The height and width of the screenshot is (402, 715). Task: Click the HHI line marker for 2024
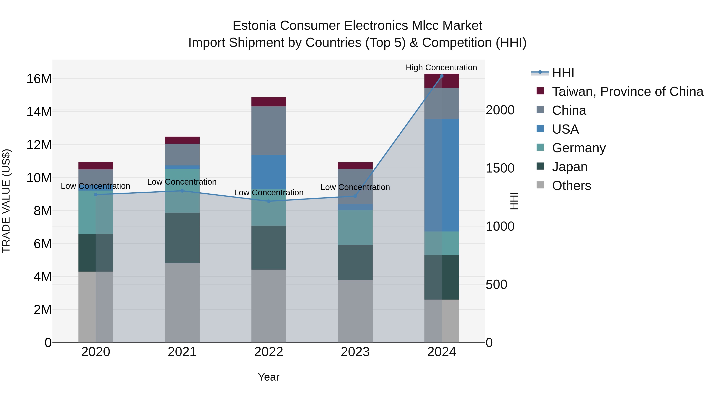coord(442,76)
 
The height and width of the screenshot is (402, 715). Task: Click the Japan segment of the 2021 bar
coord(182,238)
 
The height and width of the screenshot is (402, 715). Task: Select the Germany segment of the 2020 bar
coord(96,212)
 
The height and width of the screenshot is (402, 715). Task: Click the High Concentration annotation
coord(441,67)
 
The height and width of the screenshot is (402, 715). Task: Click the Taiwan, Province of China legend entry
coord(627,92)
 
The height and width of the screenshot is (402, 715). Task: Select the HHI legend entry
coord(563,73)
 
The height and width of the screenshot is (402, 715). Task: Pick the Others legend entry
coord(571,186)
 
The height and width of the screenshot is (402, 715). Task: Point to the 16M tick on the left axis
coord(39,79)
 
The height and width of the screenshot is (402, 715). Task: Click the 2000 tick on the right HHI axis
coord(500,110)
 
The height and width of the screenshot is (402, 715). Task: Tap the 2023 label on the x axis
coord(355,352)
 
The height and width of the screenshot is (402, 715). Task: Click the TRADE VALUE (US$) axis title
coord(6,201)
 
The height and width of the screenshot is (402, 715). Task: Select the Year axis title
coord(268,377)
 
